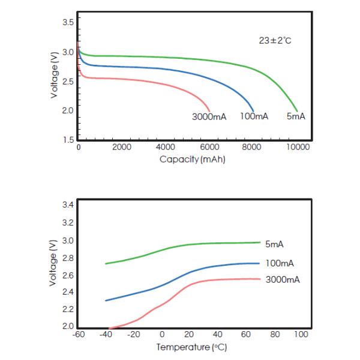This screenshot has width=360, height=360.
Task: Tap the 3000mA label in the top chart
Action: tap(209, 116)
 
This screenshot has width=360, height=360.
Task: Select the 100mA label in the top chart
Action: tap(254, 116)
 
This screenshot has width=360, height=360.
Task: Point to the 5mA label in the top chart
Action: tap(296, 116)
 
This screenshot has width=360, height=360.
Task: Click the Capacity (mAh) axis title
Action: tap(192, 160)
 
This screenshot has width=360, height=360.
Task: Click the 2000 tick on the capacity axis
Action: tap(122, 147)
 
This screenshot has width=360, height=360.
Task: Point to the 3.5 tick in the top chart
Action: tap(68, 22)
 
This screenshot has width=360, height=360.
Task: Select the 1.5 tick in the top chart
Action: tap(68, 139)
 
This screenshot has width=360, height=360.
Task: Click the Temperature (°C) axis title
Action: tap(192, 347)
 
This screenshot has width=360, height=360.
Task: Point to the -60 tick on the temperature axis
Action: tap(78, 334)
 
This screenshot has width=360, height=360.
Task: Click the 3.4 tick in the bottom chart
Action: tap(68, 205)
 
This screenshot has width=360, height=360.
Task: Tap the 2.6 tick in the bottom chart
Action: tap(68, 275)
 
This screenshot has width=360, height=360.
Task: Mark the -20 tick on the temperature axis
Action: tap(134, 334)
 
